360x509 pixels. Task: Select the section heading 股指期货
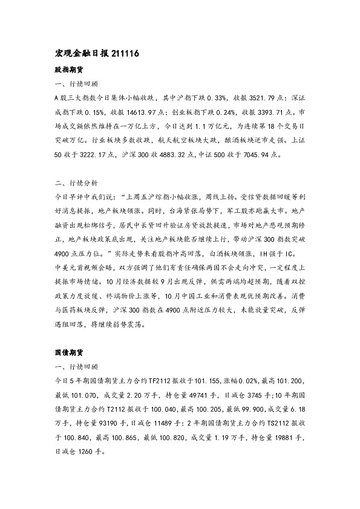coord(67,70)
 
